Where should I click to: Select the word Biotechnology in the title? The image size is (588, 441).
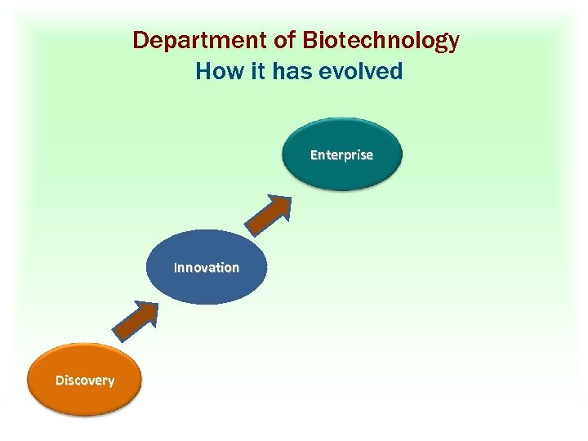(x=381, y=40)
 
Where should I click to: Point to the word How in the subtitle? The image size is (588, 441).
(x=215, y=71)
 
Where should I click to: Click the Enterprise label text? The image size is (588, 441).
(x=341, y=154)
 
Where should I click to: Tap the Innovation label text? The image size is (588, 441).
(x=207, y=267)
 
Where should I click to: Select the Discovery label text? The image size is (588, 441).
(x=85, y=380)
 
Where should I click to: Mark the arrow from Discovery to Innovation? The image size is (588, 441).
(x=137, y=319)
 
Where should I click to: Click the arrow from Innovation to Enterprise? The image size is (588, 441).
(x=269, y=213)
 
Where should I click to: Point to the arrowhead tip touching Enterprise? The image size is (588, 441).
(x=288, y=197)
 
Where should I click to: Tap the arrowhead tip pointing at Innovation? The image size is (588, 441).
(x=155, y=303)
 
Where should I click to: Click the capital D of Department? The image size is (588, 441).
(x=140, y=40)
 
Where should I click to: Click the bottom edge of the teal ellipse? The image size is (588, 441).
(x=341, y=189)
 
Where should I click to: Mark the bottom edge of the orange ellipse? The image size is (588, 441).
(x=85, y=415)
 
